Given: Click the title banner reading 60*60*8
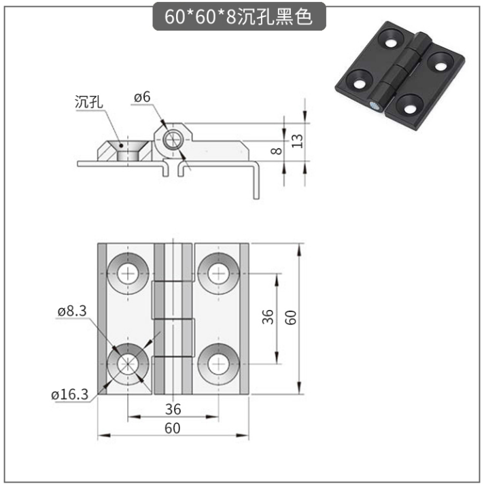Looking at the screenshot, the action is (x=239, y=16).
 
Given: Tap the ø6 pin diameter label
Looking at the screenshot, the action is (x=142, y=97).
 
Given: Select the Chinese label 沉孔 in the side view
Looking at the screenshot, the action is (x=89, y=102).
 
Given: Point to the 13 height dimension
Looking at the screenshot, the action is (x=298, y=141).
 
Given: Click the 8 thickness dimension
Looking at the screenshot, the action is (x=276, y=151).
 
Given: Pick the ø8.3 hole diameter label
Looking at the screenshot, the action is (x=72, y=311).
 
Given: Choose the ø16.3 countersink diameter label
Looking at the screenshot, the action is (x=70, y=394).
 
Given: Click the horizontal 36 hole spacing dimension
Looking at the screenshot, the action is (x=173, y=409).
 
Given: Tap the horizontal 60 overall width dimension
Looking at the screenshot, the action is (x=173, y=428).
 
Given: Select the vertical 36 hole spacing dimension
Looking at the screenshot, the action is (x=268, y=317).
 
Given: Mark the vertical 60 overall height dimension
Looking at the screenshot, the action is (x=290, y=317).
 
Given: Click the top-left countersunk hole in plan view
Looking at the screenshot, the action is (x=128, y=273).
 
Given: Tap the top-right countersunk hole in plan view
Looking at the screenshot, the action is (x=218, y=273).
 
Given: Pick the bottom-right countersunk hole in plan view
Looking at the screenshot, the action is (x=218, y=364).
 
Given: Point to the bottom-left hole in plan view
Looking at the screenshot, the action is (x=128, y=364).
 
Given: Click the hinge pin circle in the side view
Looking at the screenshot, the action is (x=173, y=140).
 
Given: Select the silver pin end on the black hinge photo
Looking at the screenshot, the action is (x=375, y=105).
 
